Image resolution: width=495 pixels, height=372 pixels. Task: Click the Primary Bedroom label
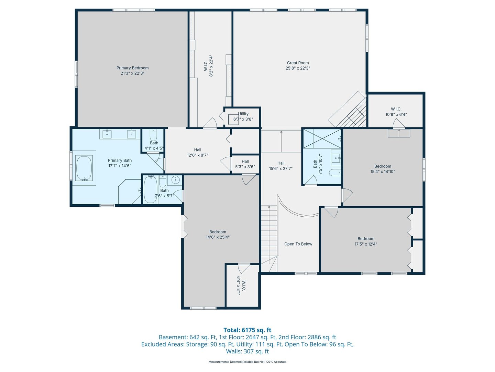(x=132, y=68)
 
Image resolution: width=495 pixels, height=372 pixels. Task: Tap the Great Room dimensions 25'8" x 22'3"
(x=298, y=68)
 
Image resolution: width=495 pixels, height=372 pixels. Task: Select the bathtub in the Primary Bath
(x=84, y=168)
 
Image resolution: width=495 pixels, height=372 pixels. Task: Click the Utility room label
(x=243, y=114)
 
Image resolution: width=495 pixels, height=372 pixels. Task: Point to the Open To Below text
(x=298, y=244)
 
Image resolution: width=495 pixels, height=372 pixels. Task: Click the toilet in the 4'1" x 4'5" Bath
(x=153, y=135)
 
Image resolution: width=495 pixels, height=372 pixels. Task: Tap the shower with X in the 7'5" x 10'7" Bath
(x=322, y=139)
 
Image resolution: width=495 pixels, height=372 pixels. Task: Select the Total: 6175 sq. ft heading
(x=247, y=330)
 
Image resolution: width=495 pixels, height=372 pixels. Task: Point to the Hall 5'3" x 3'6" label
(x=245, y=164)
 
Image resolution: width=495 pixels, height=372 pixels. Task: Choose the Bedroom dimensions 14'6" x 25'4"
(x=218, y=237)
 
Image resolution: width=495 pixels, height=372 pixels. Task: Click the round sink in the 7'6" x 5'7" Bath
(x=175, y=180)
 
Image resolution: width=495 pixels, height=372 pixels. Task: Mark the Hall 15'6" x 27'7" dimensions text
(x=281, y=168)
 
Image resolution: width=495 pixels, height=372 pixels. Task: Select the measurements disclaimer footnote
(x=247, y=362)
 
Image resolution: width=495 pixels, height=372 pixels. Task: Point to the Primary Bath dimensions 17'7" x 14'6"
(x=120, y=166)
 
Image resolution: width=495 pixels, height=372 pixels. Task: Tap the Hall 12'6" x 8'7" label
(x=198, y=153)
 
